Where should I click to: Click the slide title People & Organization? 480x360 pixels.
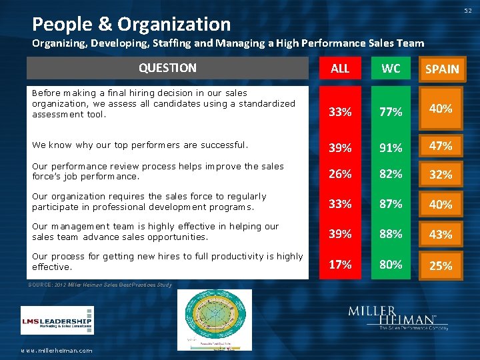coord(131,25)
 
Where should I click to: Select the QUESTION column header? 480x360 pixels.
coord(167,68)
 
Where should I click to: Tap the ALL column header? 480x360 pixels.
coord(340,68)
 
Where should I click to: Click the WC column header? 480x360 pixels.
coord(391,68)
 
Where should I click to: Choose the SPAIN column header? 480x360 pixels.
coord(441,69)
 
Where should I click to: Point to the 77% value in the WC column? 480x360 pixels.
coord(391,111)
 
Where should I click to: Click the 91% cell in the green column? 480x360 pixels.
coord(391,146)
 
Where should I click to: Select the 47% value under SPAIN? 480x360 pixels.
coord(441,145)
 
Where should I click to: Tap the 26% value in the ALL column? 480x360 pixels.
coord(340,174)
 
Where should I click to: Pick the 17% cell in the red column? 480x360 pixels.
coord(340,264)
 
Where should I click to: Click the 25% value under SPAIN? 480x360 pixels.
coord(441,265)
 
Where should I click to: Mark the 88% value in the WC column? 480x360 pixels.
coord(391,234)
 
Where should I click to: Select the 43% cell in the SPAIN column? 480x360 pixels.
coord(441,235)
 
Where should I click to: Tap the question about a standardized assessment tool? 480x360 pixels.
coord(163,103)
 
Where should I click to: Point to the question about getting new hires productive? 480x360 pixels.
coord(167,261)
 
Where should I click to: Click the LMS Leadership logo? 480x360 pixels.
coord(57,320)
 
